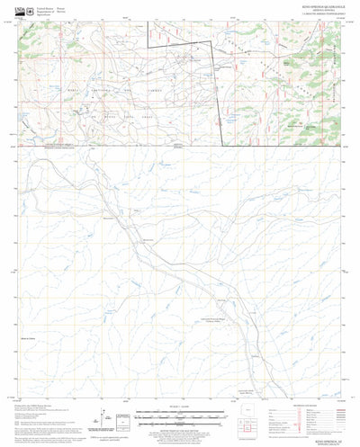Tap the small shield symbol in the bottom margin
[106, 431]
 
